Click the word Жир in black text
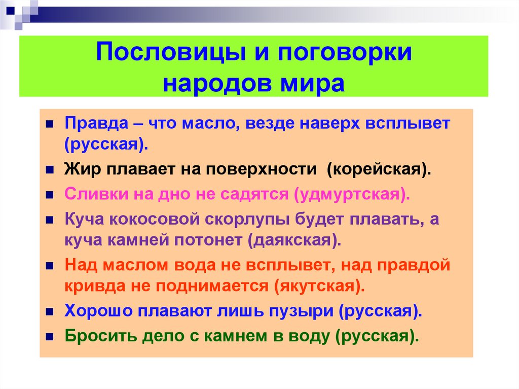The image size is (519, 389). coord(79,169)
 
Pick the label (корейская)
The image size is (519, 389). coord(379,169)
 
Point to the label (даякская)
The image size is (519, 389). coord(294,239)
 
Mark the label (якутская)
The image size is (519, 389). coord(319,285)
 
